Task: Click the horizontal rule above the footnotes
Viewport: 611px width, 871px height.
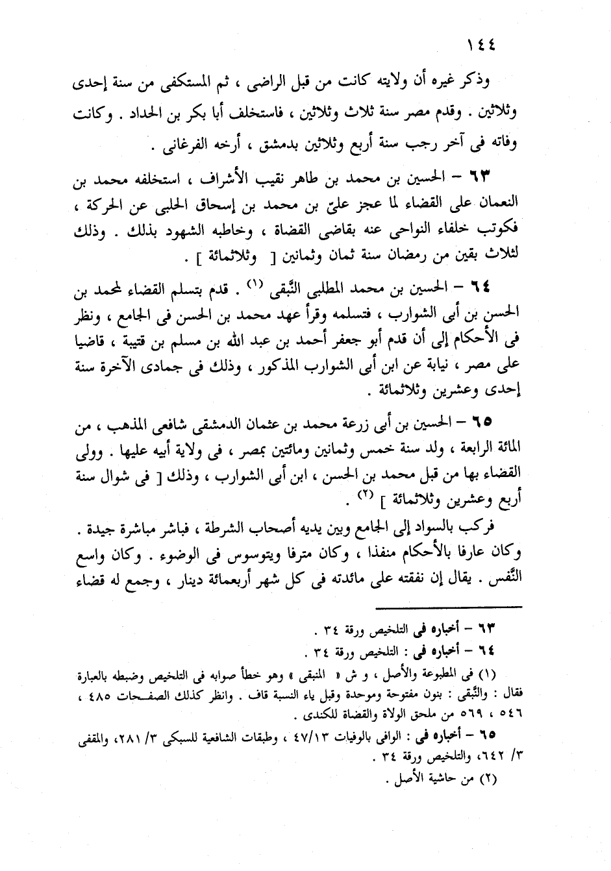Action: click(x=446, y=607)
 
